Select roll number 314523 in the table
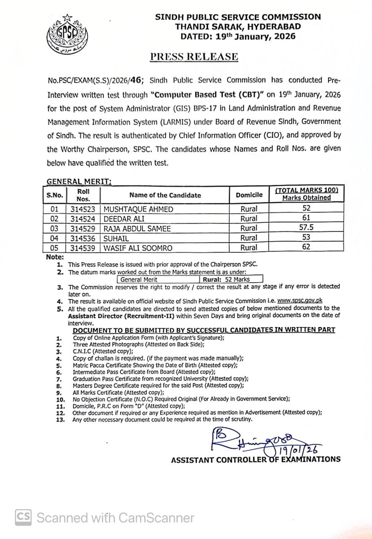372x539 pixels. (x=83, y=209)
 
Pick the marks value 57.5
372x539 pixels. (x=306, y=228)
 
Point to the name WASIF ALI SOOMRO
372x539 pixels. (x=138, y=248)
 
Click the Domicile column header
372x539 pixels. (x=249, y=195)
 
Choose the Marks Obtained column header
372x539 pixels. (x=306, y=198)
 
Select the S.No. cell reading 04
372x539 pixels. (x=55, y=238)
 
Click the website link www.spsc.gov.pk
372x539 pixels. (x=300, y=301)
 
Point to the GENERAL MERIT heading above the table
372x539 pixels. (x=79, y=181)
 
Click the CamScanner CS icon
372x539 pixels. (x=24, y=517)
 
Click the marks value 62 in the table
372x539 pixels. (x=306, y=247)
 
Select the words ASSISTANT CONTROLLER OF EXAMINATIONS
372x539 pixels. (x=255, y=459)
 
